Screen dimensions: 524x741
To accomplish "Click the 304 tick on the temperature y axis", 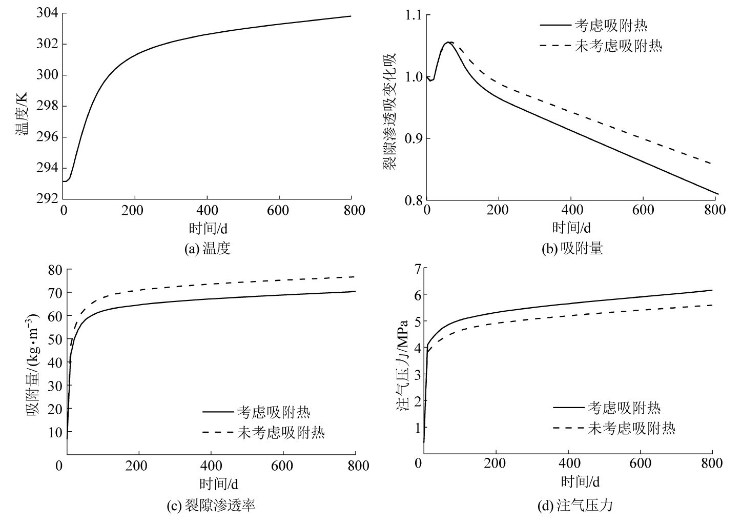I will click(x=47, y=13).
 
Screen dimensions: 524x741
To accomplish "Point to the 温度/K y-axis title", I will click(x=22, y=113).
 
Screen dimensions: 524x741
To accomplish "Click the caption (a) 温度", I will click(x=208, y=249).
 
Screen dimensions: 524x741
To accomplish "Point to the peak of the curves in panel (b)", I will click(x=449, y=42).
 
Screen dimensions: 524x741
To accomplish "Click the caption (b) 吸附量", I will click(x=572, y=249).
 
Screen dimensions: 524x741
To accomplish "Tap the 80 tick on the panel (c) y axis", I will click(x=53, y=270).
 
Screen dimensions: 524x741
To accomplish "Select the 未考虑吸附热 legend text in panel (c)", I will click(x=281, y=432).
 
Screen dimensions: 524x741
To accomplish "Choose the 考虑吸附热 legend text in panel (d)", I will click(x=623, y=408).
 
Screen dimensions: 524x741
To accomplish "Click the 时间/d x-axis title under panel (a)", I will click(x=207, y=228).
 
